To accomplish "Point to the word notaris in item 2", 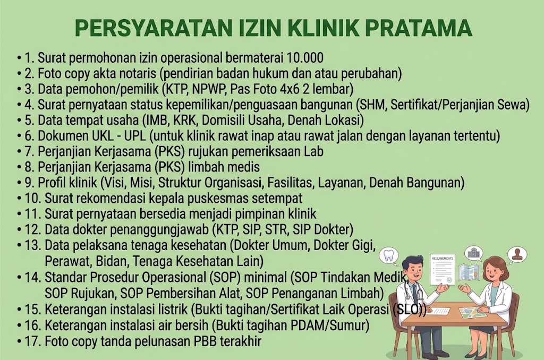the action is pos(135,73).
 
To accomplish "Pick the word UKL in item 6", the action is pos(103,136).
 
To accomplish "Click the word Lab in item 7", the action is pos(313,151).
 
